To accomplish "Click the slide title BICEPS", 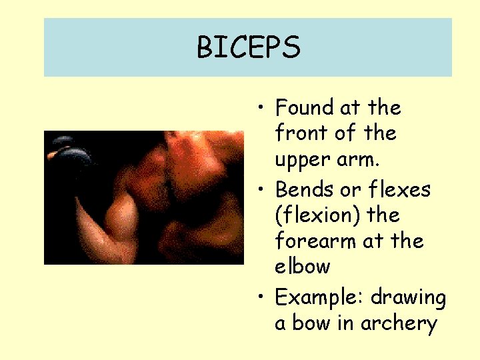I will pyautogui.click(x=248, y=47).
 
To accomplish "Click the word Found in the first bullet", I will pyautogui.click(x=305, y=107).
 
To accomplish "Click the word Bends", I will pyautogui.click(x=304, y=189).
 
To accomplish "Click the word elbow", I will pyautogui.click(x=303, y=266).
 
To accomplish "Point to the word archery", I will pyautogui.click(x=398, y=324).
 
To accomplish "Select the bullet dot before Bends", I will pyautogui.click(x=265, y=190).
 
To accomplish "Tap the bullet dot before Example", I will pyautogui.click(x=265, y=297).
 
